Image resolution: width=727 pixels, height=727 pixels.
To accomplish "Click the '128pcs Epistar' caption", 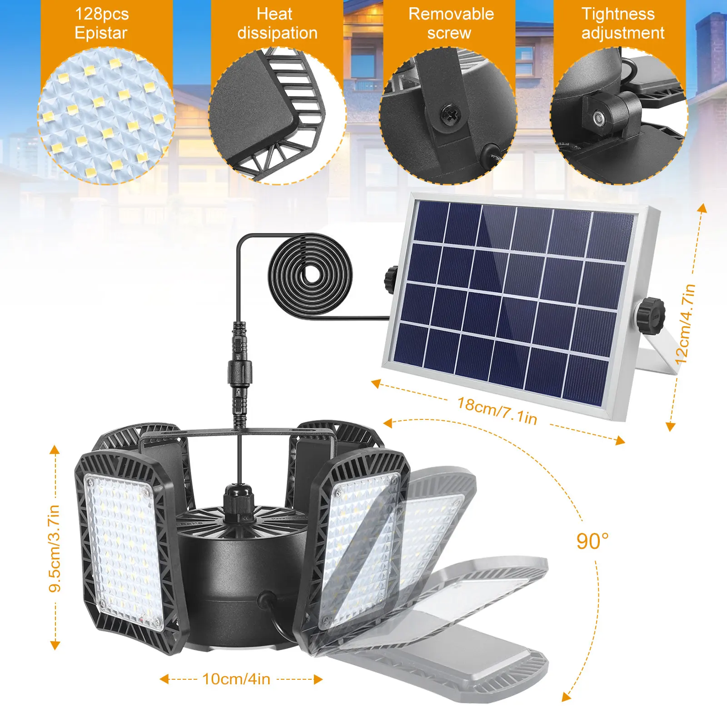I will pyautogui.click(x=101, y=24).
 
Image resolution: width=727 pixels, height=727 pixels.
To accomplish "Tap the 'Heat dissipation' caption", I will pyautogui.click(x=277, y=24).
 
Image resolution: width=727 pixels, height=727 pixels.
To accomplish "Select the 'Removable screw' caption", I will pyautogui.click(x=450, y=24).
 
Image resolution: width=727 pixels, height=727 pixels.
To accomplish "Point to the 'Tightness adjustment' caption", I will pyautogui.click(x=622, y=24).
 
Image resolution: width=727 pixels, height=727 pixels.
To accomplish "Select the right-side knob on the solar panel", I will pyautogui.click(x=651, y=313).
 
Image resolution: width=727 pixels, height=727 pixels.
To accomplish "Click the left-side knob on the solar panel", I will pyautogui.click(x=391, y=278).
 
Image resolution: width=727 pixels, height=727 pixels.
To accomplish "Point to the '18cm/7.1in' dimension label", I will pyautogui.click(x=497, y=411).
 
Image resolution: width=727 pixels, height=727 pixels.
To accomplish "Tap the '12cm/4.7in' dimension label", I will pyautogui.click(x=686, y=324).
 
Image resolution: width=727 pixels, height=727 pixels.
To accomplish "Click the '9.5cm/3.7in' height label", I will pyautogui.click(x=55, y=548).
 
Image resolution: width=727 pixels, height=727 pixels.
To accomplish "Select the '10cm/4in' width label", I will pyautogui.click(x=236, y=679).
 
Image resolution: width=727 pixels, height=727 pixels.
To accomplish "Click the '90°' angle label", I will pyautogui.click(x=592, y=541).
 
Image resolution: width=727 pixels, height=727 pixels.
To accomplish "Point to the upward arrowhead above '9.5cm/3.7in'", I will pyautogui.click(x=55, y=450).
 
